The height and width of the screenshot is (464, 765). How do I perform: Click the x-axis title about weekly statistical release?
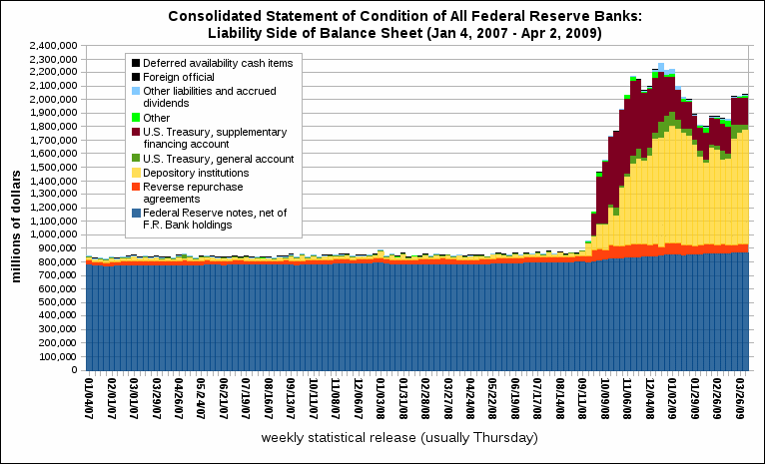click(x=399, y=439)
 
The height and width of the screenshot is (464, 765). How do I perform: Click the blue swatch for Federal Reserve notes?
click(x=135, y=213)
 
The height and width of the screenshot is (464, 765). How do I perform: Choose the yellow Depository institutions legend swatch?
click(x=135, y=172)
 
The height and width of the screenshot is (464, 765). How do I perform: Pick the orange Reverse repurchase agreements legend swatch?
click(x=135, y=186)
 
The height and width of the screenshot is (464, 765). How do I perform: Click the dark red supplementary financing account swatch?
click(x=135, y=131)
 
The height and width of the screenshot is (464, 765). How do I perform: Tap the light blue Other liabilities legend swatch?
click(x=135, y=90)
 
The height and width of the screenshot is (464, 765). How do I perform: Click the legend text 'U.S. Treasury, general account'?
click(x=218, y=158)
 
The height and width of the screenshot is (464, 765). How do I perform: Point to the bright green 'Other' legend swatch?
click(x=135, y=117)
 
